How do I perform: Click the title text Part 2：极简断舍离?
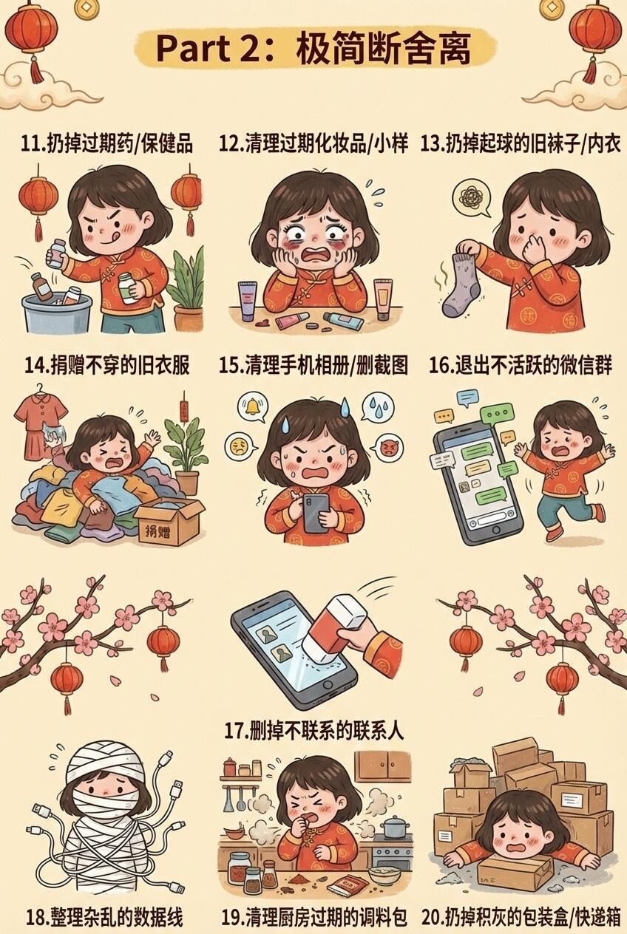click(x=313, y=49)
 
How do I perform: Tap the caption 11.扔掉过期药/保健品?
click(x=106, y=144)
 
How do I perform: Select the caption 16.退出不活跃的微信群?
click(x=521, y=365)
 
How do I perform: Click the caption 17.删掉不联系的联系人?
click(x=314, y=731)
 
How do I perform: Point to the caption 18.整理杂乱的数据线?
click(x=104, y=918)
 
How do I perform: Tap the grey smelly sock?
click(x=459, y=284)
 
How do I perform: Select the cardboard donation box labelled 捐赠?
click(x=171, y=521)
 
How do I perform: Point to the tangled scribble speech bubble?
click(x=472, y=198)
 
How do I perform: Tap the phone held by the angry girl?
click(x=314, y=513)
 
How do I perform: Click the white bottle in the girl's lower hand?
click(x=128, y=287)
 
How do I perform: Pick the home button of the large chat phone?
click(x=496, y=531)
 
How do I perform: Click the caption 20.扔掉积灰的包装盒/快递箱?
click(x=521, y=918)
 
